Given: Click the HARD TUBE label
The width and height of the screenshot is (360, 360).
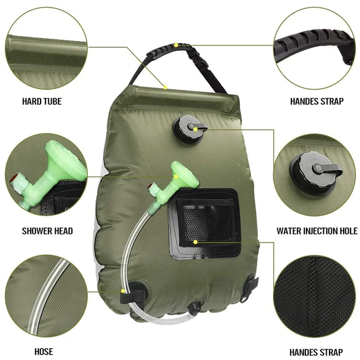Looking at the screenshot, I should pos(42,102).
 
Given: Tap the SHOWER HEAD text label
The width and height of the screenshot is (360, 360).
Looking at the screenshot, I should pos(47,231).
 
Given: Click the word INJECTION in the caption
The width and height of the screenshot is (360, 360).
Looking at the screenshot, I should pos(327,231).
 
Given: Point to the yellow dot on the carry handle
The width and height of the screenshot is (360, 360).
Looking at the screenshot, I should pos(176,44).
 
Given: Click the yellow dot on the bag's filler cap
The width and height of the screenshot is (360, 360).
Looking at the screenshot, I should pos(195,129).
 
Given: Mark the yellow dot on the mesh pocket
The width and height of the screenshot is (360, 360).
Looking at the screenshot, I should pos(195,241).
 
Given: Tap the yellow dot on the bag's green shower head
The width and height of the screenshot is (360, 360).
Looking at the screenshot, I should pos(175,176).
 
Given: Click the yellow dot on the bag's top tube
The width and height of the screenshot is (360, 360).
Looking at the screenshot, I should pos(165,87).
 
